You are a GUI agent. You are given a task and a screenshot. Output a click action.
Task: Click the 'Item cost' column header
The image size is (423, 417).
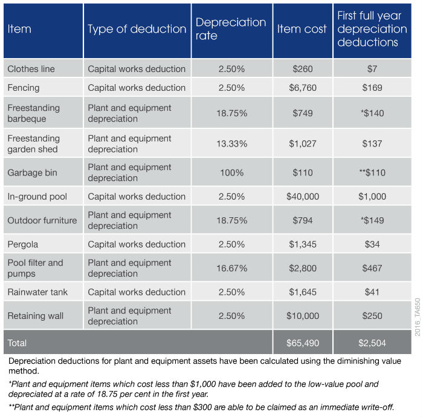pos(302,29)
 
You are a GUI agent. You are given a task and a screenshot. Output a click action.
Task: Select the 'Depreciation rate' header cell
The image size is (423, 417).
pos(230,29)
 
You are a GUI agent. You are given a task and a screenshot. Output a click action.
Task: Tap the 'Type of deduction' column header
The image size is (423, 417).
pos(137,29)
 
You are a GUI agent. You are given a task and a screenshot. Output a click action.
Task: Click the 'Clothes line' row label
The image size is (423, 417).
pos(31,69)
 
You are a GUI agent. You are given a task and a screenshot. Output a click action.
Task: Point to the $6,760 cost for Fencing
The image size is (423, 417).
pos(302,88)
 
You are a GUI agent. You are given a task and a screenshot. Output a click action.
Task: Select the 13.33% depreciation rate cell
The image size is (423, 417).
pos(231,143)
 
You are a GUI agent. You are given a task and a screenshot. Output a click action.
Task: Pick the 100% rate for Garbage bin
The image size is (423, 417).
pos(231,172)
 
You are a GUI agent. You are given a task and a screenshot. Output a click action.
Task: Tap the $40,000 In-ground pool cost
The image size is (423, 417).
pos(302,197)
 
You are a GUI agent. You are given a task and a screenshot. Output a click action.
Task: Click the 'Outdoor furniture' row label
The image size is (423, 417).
pos(42,220)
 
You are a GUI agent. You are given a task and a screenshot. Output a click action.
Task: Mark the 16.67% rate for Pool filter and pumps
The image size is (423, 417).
pos(231,268)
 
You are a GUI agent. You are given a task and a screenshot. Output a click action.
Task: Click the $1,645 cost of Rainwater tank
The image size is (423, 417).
pos(302,292)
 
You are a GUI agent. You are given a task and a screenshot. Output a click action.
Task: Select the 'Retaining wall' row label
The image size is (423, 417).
pos(36,316)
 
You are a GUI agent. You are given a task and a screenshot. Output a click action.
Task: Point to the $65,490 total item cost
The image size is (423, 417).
pos(302,343)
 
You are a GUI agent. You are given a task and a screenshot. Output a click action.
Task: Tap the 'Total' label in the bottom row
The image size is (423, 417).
pos(17,343)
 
